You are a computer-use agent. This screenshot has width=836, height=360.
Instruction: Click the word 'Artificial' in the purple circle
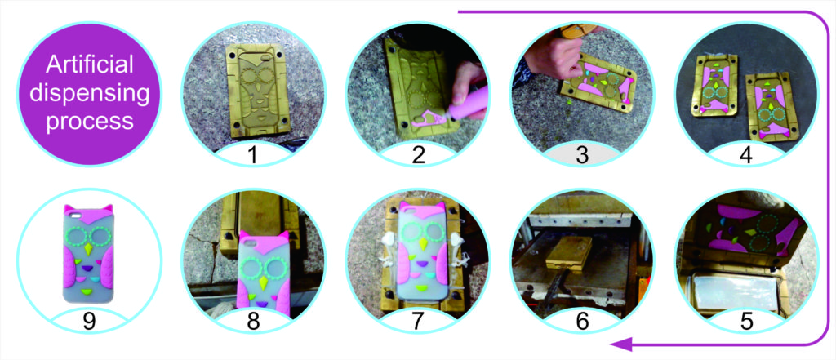tap(89, 66)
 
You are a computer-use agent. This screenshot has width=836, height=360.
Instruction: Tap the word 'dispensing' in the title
tap(89, 94)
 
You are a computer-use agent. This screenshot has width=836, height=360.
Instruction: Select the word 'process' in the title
tap(89, 122)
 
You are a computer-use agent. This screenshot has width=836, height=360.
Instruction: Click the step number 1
tap(253, 155)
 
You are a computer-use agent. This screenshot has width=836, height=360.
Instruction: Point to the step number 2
tap(418, 155)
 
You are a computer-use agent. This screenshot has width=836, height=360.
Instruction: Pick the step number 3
tap(582, 155)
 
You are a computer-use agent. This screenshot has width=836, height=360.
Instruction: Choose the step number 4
tap(746, 155)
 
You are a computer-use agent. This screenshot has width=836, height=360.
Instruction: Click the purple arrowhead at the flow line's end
tap(620, 344)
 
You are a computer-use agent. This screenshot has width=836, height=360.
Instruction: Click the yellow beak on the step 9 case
tap(87, 248)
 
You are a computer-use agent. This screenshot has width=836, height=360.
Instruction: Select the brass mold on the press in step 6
tap(569, 252)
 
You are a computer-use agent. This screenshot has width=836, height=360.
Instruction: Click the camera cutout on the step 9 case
tap(73, 216)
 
